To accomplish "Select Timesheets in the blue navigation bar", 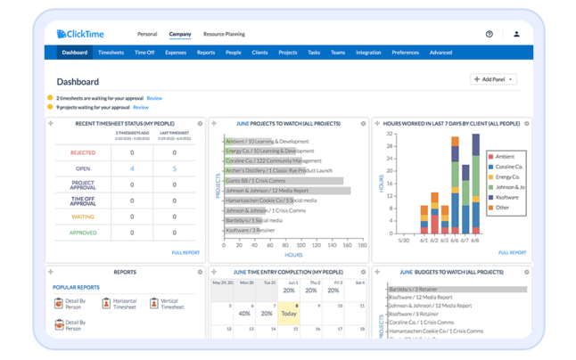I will (x=111, y=53).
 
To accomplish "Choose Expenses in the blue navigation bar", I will (x=176, y=53).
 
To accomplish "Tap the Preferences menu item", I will (x=405, y=53).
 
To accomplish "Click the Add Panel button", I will (x=493, y=79).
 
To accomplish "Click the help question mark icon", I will (x=489, y=34).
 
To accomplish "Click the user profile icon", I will (x=516, y=34).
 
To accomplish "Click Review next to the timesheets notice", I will (x=154, y=97).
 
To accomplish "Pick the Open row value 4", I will (x=132, y=168).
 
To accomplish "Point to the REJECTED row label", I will (x=82, y=152).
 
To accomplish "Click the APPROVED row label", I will (x=82, y=233).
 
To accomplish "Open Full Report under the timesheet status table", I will (x=186, y=253).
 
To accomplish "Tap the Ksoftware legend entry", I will (x=506, y=197).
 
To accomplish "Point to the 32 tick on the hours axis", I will (x=390, y=135).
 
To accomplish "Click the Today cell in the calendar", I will (x=290, y=314).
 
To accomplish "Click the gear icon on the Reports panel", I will (x=199, y=272).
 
